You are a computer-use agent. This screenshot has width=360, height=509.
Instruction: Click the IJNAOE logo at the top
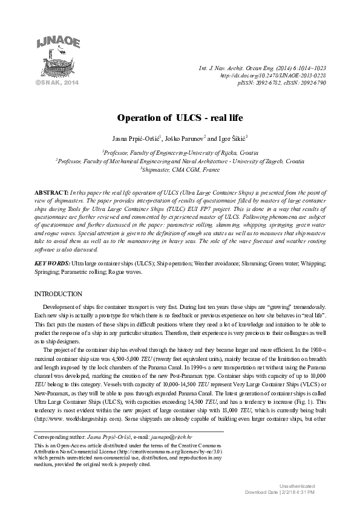57,58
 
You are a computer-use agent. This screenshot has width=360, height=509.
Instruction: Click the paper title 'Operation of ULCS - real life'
180,116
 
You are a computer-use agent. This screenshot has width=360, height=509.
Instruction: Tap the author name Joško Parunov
185,138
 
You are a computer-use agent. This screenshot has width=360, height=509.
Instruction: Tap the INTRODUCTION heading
58,294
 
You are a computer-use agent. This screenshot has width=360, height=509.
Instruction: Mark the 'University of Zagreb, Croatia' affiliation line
180,162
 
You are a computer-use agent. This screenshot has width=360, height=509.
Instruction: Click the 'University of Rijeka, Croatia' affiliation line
180,154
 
